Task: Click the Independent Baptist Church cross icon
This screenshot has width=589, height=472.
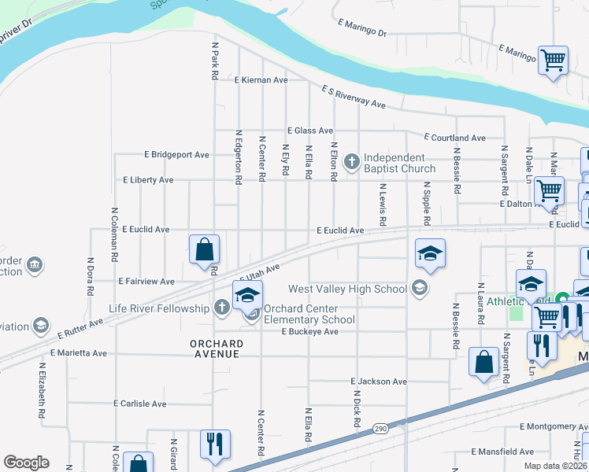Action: click(x=351, y=163)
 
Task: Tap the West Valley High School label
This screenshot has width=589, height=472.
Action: click(x=347, y=289)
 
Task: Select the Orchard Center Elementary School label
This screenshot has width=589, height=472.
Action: click(x=309, y=314)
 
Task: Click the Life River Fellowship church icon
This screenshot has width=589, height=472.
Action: click(x=223, y=308)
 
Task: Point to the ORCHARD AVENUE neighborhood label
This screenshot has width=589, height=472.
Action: click(x=214, y=349)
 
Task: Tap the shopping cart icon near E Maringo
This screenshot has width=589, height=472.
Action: click(x=554, y=60)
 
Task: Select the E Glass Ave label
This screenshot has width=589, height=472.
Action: click(x=310, y=131)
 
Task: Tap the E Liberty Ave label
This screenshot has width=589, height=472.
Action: click(x=148, y=180)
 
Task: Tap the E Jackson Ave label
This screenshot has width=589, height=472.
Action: click(x=379, y=382)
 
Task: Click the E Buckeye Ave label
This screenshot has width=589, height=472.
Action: click(x=309, y=332)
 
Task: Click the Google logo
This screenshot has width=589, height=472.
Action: click(x=26, y=463)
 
